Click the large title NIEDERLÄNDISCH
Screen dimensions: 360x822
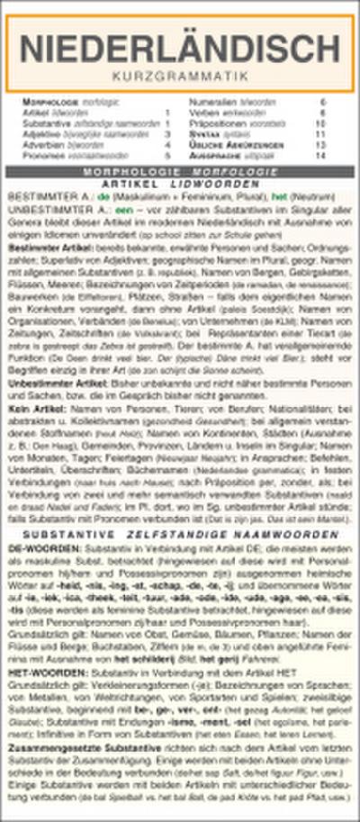[x=179, y=46]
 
